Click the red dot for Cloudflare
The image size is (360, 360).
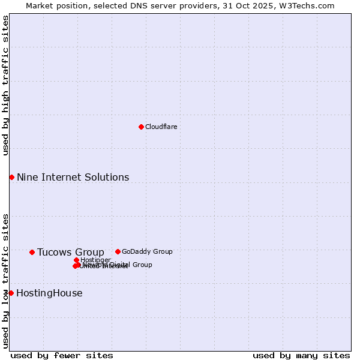(x=141, y=127)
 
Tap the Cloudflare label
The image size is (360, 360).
(x=161, y=127)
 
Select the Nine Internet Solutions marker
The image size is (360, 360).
(x=11, y=177)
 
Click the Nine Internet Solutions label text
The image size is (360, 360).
(x=73, y=177)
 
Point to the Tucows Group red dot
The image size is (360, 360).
(x=32, y=252)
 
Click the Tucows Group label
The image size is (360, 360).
(x=70, y=252)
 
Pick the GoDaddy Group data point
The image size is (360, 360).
(x=118, y=251)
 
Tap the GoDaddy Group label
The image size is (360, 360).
(x=147, y=251)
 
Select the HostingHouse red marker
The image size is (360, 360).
(x=11, y=293)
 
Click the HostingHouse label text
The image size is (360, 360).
(x=49, y=293)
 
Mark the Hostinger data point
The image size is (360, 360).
(x=76, y=260)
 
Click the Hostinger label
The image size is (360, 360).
(x=96, y=260)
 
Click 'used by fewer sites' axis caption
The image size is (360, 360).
(x=62, y=355)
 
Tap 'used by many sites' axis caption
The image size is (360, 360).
(x=301, y=355)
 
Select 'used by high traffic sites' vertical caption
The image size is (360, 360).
(x=6, y=85)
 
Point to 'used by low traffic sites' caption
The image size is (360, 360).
(x=6, y=281)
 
